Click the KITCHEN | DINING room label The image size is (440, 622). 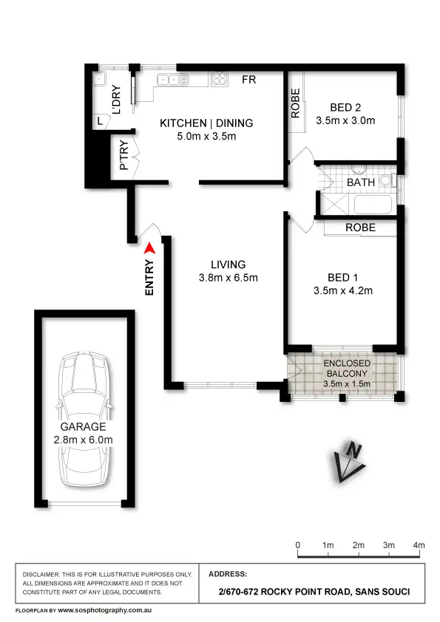[x=206, y=123]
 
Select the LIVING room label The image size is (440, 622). [x=228, y=264]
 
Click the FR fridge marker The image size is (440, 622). [x=249, y=80]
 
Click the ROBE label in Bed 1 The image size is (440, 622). [x=360, y=228]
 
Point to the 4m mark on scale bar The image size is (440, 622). [x=419, y=545]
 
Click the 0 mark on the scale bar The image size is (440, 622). [x=298, y=545]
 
